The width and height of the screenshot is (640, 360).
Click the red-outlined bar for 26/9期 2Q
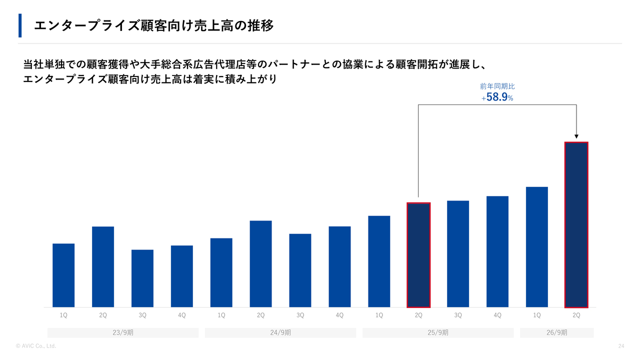coord(576,224)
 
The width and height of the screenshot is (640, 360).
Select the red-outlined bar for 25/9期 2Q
coord(418,255)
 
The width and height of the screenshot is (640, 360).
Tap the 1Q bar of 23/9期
coord(63,275)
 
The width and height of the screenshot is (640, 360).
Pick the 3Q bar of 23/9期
coord(142,278)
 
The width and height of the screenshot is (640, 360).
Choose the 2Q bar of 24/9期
coord(260,264)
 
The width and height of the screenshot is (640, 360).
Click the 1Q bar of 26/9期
coord(536,247)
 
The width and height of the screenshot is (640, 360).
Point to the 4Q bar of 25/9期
coord(497,251)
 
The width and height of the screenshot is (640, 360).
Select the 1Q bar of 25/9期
coord(379,261)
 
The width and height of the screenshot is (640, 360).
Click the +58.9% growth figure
coord(497,97)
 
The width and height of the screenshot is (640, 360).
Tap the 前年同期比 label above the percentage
coord(497,86)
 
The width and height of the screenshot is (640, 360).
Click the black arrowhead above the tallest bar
coord(576,136)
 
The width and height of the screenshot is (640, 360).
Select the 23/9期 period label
coord(123,332)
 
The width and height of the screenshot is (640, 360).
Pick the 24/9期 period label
coord(280,332)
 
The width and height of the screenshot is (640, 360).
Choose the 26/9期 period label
coord(556,332)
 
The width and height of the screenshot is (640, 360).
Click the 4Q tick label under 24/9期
coord(339,315)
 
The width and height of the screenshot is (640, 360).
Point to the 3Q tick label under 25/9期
coord(457,315)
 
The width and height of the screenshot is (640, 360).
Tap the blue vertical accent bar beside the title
coord(20,25)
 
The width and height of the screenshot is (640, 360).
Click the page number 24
coord(621,346)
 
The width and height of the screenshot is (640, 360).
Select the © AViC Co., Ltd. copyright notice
coord(35,346)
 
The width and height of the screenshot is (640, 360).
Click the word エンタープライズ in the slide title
coord(87,25)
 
